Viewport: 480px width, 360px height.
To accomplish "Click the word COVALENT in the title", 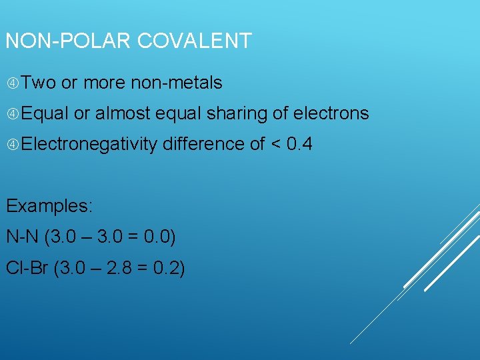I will tap(195, 41).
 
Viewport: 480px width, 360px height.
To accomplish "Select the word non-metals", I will tap(177, 83).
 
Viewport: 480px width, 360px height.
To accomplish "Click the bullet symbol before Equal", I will tap(13, 114).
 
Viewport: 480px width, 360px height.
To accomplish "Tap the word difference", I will tap(203, 144).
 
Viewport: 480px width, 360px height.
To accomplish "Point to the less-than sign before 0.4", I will tap(276, 145).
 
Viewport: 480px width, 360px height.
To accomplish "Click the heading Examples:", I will tap(49, 206).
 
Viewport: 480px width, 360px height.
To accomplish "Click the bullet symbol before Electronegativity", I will tap(13, 145).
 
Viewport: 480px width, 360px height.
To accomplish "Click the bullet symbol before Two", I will tap(13, 83).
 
